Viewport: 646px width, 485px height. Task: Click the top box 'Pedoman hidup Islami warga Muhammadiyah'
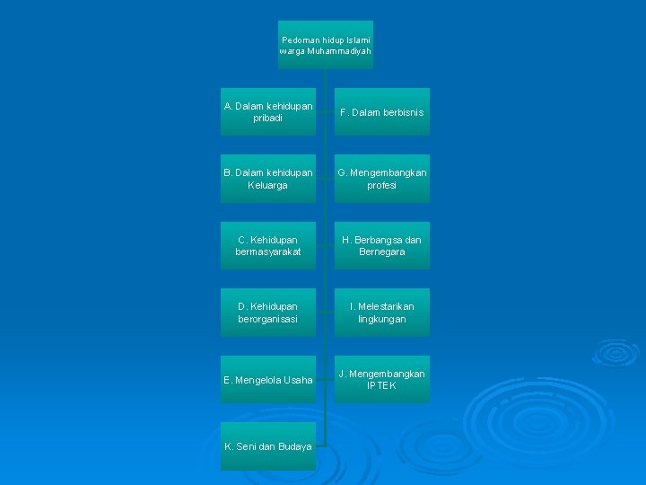point(325,45)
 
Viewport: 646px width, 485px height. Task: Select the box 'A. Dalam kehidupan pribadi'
point(267,111)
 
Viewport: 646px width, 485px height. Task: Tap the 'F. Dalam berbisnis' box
point(381,112)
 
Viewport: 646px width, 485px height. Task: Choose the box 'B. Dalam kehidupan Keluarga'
point(267,179)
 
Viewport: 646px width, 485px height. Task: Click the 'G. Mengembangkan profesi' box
point(381,179)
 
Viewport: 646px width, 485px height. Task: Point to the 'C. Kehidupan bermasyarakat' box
point(267,245)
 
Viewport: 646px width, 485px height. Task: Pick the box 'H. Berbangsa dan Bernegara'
point(381,245)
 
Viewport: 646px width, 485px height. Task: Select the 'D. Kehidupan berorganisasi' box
point(267,313)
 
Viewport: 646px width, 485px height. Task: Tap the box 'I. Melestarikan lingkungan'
point(381,313)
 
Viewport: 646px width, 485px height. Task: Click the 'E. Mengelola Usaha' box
point(267,380)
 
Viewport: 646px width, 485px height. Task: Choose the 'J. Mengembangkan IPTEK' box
point(381,379)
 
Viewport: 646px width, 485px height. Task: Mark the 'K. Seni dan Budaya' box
point(267,446)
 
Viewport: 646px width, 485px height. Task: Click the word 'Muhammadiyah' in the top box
point(338,51)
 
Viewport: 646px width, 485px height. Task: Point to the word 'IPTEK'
point(381,385)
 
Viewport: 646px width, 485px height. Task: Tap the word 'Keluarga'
point(267,185)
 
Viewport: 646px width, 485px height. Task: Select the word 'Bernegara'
point(381,252)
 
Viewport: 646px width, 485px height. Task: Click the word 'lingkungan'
point(381,319)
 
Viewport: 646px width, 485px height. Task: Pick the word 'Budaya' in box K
point(292,446)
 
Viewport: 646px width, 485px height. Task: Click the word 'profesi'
point(381,185)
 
